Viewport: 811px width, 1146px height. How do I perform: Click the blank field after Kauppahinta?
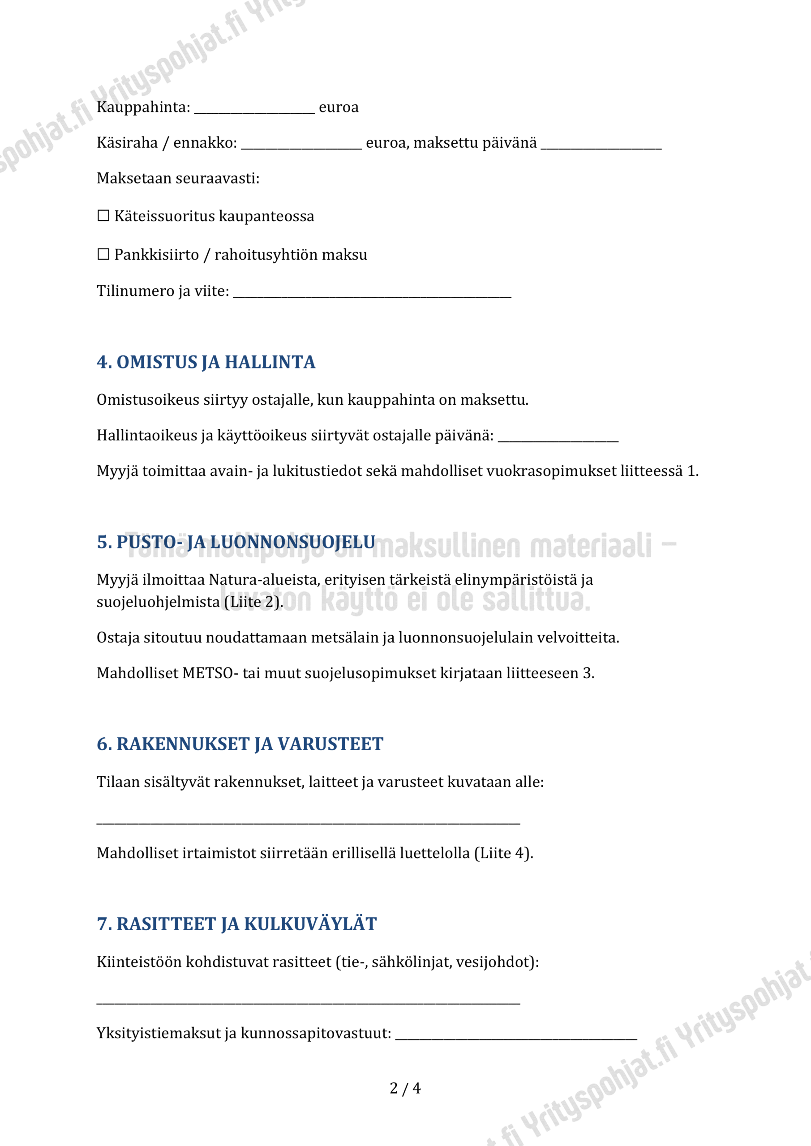(x=254, y=109)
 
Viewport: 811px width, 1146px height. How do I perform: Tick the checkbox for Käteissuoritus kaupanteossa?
(x=103, y=216)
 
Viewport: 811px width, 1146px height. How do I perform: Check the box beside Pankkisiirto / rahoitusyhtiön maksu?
(x=103, y=254)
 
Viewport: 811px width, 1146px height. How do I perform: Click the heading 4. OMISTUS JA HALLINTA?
(x=206, y=362)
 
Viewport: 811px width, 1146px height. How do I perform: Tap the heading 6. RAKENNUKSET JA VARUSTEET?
(x=240, y=744)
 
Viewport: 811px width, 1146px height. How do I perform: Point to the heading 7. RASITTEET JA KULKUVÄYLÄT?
(x=237, y=924)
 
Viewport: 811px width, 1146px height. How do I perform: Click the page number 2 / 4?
(x=405, y=1088)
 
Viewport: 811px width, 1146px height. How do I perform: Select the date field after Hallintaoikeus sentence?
(x=558, y=437)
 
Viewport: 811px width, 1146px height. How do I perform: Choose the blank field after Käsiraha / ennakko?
(x=301, y=145)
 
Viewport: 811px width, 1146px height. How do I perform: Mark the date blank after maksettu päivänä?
(x=601, y=145)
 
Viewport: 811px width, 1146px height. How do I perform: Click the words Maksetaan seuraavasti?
(x=178, y=178)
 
